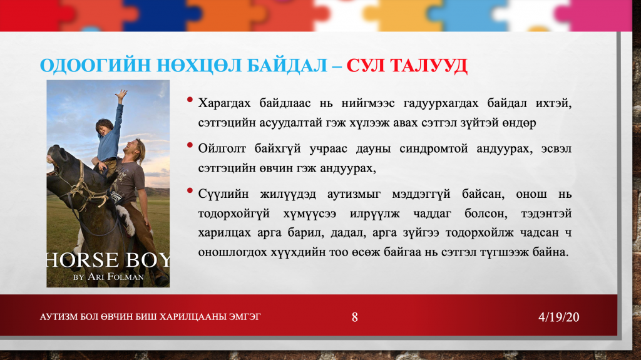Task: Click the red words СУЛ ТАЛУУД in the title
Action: coord(407,66)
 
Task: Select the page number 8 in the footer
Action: coord(354,317)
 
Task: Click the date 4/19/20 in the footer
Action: coord(558,317)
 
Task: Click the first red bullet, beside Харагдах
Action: coord(190,100)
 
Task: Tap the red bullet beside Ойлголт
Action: coord(190,145)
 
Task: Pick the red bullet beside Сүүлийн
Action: coord(190,190)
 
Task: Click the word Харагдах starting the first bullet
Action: coord(225,103)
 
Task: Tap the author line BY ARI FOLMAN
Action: coord(108,277)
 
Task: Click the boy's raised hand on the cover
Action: coord(121,95)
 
